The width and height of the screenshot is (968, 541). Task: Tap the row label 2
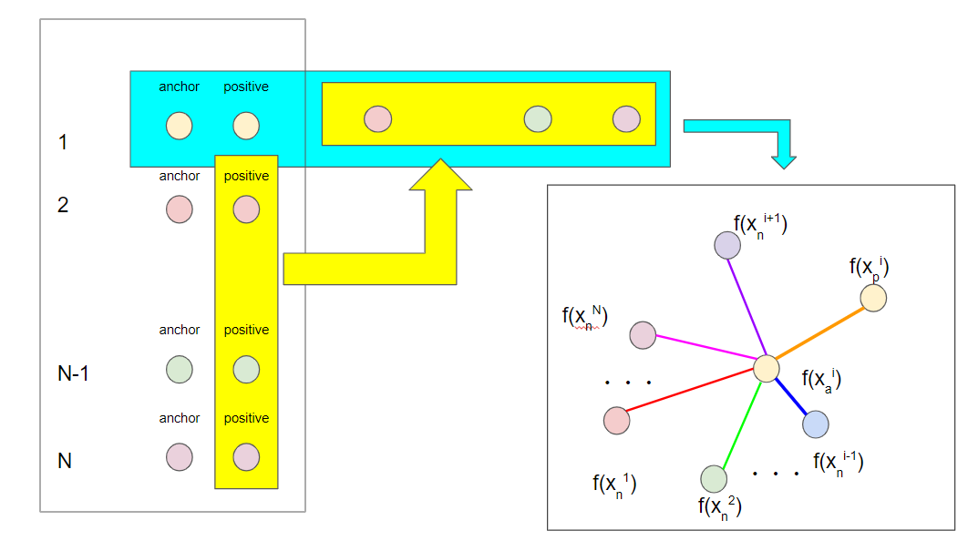coord(63,205)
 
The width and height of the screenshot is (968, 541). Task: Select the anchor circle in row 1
coord(179,126)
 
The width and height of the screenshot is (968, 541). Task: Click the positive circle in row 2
coord(246,209)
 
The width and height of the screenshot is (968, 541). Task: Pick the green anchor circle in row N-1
coord(179,370)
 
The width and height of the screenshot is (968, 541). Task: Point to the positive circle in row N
coord(246,456)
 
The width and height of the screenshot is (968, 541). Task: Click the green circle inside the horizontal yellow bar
coord(538,118)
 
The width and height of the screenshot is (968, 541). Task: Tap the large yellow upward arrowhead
coord(441,178)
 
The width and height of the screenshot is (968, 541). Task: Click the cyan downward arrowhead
coord(784,160)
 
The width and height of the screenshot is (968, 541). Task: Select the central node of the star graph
coord(766,368)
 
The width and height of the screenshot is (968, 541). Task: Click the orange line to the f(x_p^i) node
coord(820,332)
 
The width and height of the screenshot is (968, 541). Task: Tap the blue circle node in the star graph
coord(815,424)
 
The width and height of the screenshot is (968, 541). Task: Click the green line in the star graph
coord(739,424)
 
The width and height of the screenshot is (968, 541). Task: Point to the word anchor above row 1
coord(179,87)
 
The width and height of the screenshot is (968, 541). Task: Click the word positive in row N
coord(246,418)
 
